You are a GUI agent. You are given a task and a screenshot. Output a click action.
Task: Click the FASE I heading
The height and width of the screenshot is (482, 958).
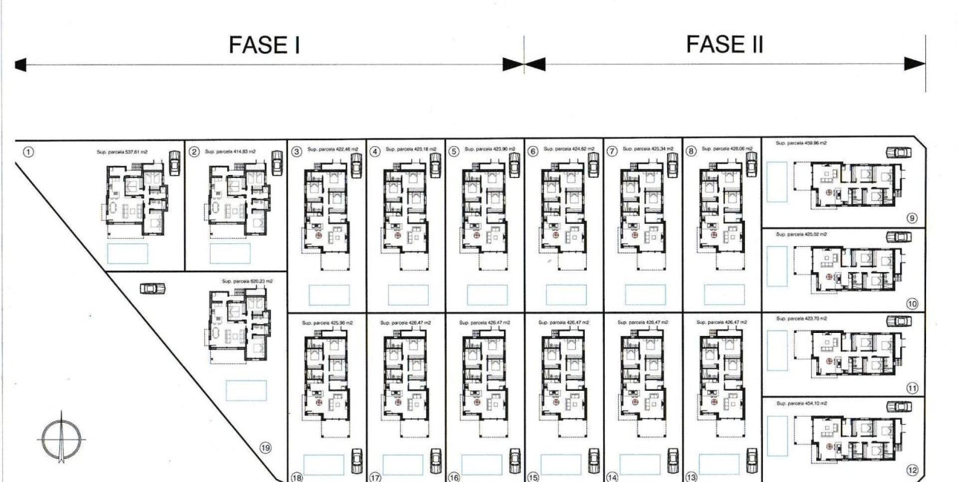(x=264, y=46)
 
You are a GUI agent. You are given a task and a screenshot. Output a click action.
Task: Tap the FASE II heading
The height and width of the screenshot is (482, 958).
(x=724, y=44)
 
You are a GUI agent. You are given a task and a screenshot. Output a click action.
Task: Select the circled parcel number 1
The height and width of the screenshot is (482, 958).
(x=28, y=152)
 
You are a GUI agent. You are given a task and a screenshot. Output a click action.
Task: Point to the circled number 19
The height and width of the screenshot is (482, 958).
(x=265, y=447)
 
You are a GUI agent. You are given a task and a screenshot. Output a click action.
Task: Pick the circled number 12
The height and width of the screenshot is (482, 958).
(x=912, y=470)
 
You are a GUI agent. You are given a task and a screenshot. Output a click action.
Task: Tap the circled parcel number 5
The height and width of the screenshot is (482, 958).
(x=454, y=151)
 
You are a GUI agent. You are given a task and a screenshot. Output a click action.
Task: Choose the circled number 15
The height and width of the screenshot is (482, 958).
(x=533, y=478)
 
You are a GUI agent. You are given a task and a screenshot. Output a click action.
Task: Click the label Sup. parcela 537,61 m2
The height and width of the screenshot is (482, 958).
(x=122, y=151)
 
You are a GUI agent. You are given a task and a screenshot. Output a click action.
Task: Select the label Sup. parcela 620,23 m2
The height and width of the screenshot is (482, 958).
(x=247, y=282)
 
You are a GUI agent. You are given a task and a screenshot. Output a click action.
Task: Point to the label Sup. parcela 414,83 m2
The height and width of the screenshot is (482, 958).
(x=230, y=151)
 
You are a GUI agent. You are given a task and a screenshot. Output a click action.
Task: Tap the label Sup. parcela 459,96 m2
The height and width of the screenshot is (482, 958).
(x=801, y=143)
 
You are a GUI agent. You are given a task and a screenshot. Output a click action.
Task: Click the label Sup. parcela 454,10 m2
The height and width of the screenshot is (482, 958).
(x=801, y=403)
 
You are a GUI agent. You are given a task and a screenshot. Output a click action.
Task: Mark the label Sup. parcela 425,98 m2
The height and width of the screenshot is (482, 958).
(x=327, y=323)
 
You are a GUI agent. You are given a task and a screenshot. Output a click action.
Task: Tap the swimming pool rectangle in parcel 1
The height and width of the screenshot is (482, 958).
(x=128, y=254)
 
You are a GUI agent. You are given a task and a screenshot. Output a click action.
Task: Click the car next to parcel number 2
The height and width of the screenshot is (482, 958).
(x=277, y=161)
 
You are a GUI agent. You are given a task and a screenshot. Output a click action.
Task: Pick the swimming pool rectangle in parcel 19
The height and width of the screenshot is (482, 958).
(x=246, y=390)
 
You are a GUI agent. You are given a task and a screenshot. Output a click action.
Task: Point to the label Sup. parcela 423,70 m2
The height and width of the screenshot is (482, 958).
(x=801, y=318)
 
